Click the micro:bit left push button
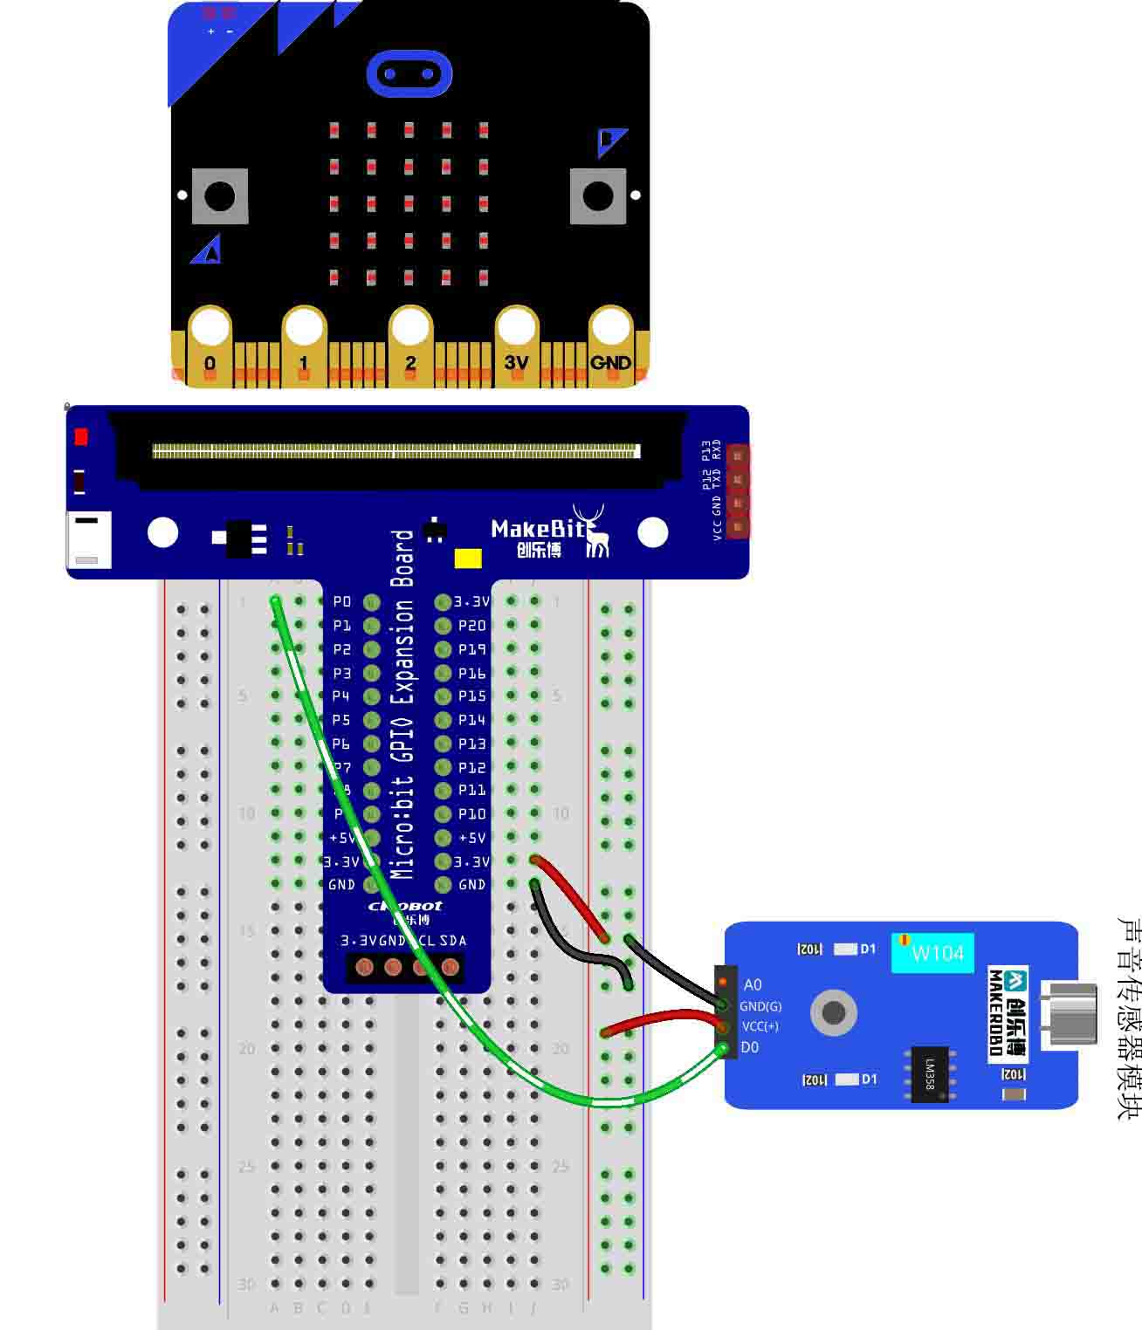coord(219,196)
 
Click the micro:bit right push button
coord(598,196)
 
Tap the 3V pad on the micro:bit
coord(516,361)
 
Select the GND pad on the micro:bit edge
coord(610,361)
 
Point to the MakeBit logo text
coord(538,529)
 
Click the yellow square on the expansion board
coord(468,559)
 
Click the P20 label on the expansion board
coord(471,626)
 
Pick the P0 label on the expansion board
coord(341,601)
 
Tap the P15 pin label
coord(471,696)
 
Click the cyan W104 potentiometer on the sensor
coord(932,953)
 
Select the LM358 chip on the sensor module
coord(930,1073)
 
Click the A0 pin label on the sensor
coord(753,984)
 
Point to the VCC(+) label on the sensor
coord(760,1026)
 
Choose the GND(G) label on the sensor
coord(760,1006)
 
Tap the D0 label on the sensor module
coord(750,1047)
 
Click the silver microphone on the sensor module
coord(1070,1012)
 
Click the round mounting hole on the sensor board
coord(834,1012)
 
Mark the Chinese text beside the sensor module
coord(1128,1018)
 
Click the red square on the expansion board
coord(81,436)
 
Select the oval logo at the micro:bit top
coord(409,73)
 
